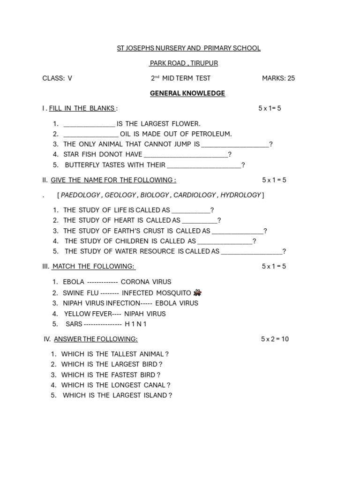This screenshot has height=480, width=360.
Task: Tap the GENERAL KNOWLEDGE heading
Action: click(187, 93)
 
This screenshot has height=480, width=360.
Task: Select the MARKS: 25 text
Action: click(278, 78)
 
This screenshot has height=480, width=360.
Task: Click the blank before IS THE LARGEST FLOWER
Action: click(89, 124)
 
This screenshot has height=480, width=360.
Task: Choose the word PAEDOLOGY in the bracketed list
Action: click(81, 195)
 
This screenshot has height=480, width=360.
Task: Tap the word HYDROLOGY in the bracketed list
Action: click(240, 195)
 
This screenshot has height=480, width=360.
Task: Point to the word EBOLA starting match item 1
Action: click(74, 282)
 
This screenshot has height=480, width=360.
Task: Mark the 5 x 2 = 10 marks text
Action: click(275, 339)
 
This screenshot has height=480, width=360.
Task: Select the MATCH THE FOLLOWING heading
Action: click(93, 266)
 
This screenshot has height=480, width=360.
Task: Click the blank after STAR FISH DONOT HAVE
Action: click(186, 155)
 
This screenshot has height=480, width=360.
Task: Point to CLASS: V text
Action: click(57, 78)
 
